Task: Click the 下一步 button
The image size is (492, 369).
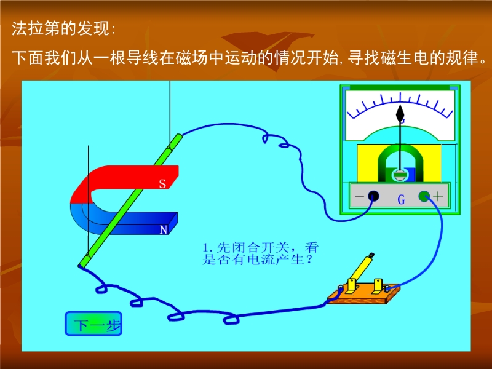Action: [93, 323]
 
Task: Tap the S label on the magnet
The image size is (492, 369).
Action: [162, 183]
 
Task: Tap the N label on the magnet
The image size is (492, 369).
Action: [164, 230]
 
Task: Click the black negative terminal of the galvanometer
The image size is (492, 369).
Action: [373, 196]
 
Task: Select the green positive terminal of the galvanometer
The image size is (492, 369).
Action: [424, 196]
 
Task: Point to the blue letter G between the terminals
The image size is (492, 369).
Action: [402, 200]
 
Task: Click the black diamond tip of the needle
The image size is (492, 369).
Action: [400, 114]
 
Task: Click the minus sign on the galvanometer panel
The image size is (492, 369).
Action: [360, 197]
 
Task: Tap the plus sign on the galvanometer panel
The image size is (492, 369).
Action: [438, 196]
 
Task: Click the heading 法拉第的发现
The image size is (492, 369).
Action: [63, 28]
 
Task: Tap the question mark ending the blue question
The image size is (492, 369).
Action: [309, 260]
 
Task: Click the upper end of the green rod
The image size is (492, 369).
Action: [178, 137]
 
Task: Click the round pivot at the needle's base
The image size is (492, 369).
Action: [400, 175]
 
